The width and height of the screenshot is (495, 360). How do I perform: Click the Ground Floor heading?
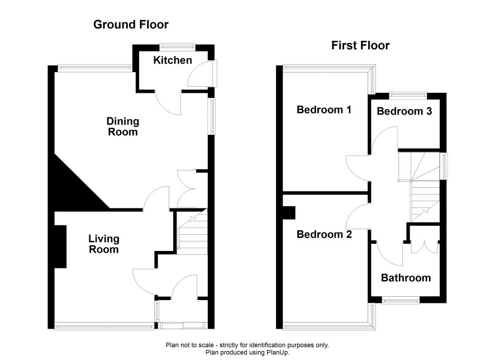[x=131, y=24]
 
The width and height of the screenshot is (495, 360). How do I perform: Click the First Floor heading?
[x=360, y=45]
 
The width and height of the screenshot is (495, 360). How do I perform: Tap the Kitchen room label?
[x=173, y=60]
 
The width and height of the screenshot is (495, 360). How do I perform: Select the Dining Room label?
[x=123, y=126]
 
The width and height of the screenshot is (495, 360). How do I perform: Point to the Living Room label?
[x=103, y=244]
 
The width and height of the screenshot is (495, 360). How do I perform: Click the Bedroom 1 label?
[x=324, y=110]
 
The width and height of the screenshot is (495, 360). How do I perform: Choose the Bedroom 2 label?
[x=324, y=234]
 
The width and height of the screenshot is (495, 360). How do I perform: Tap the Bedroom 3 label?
[x=404, y=111]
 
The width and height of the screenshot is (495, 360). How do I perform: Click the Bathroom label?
[x=406, y=278]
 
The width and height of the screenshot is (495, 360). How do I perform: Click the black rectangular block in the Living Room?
[x=60, y=247]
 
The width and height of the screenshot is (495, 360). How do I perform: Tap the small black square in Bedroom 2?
[x=289, y=212]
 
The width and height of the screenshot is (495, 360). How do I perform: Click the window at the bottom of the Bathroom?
[x=401, y=300]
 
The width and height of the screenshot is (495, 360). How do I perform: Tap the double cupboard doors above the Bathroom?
[x=425, y=247]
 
